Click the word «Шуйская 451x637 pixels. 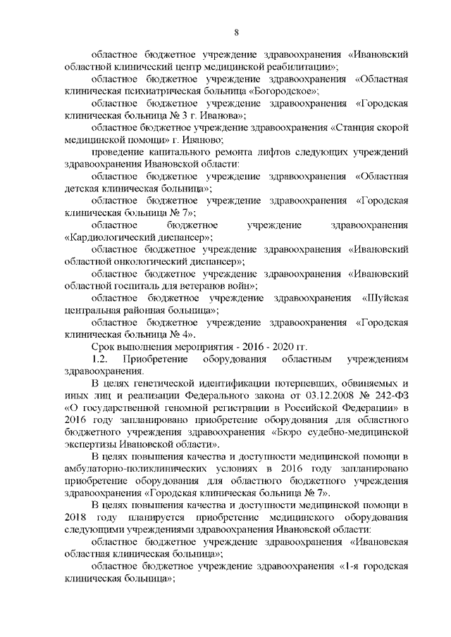[x=385, y=298]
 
